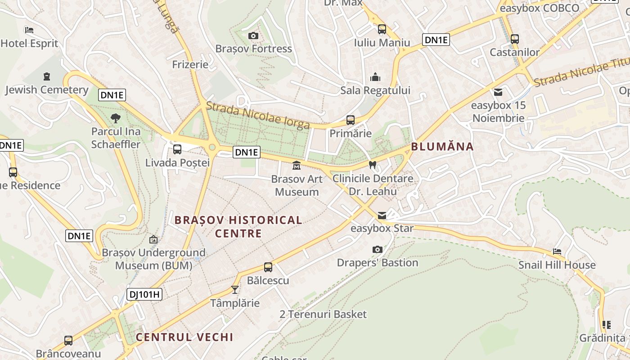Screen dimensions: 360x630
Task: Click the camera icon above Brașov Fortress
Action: [x=253, y=36]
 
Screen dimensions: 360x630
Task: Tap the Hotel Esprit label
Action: [x=30, y=43]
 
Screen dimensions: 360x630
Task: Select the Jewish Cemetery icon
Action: [x=47, y=76]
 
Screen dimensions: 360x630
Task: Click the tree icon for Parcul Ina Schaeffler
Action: [x=116, y=118]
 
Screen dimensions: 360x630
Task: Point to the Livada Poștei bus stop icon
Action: [x=177, y=149]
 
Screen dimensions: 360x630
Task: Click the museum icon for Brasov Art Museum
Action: [x=297, y=166]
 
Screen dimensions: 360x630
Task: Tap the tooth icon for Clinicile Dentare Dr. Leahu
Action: [x=372, y=165]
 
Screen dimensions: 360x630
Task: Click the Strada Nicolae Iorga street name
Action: [x=258, y=116]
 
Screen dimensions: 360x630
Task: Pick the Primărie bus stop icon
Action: [x=351, y=120]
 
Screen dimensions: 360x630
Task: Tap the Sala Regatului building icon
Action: [x=375, y=77]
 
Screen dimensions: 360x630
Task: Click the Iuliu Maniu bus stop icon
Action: [x=382, y=29]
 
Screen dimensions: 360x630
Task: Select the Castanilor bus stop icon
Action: [x=515, y=39]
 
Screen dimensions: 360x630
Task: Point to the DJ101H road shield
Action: [x=144, y=294]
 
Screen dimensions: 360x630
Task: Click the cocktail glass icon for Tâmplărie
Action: [x=234, y=289]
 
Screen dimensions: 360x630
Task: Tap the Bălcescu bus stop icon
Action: [x=268, y=267]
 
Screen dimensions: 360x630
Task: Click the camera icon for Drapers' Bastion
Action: [x=378, y=249]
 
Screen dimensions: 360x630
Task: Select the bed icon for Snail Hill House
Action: [x=557, y=252]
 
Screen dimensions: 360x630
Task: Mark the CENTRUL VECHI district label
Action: [x=184, y=337]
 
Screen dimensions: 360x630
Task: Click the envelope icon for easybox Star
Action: [x=382, y=216]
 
